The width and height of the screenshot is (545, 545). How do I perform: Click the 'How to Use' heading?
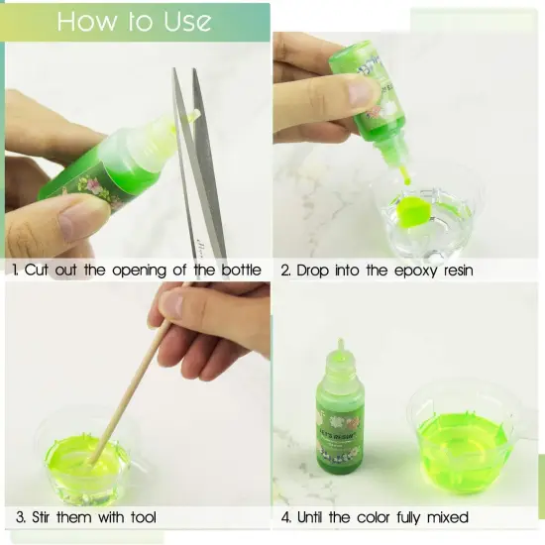tap(134, 22)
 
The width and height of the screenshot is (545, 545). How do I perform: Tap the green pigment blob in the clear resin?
tap(411, 211)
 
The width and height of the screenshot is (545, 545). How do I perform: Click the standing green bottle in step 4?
tap(341, 416)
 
